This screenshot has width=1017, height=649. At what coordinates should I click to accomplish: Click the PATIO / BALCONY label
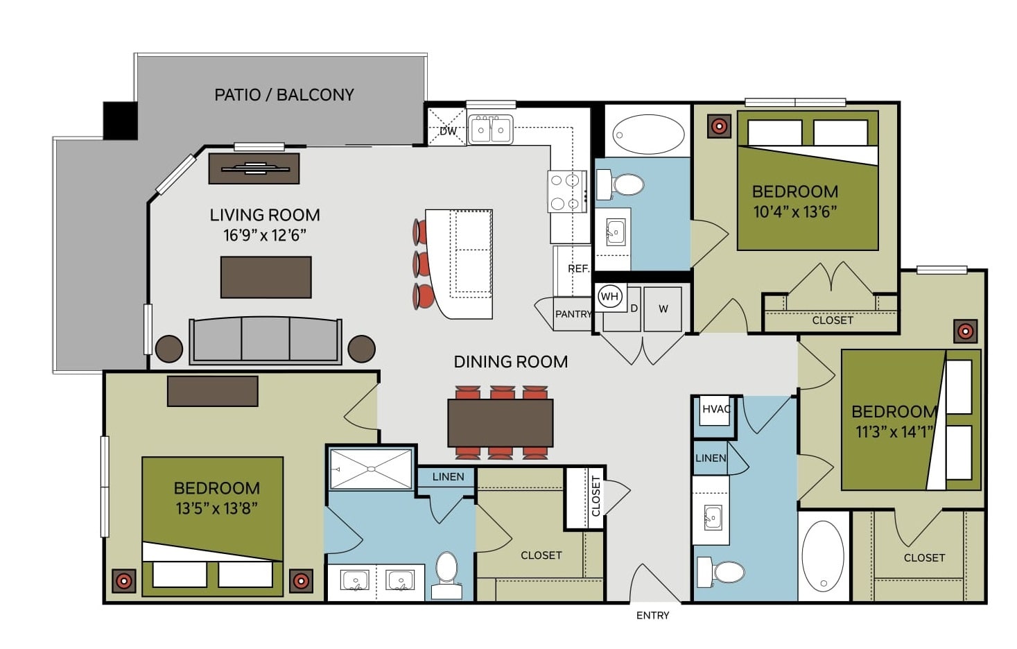[x=284, y=95]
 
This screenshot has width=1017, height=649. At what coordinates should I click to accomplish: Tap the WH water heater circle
[x=609, y=297]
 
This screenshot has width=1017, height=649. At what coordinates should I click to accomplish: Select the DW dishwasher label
[x=448, y=131]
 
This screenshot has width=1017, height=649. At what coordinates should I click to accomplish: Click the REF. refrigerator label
[x=578, y=268]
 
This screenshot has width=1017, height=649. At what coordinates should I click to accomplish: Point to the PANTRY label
[x=573, y=314]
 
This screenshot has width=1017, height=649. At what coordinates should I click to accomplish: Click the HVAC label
[x=716, y=409]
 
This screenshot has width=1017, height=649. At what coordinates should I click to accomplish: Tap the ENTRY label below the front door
[x=652, y=616]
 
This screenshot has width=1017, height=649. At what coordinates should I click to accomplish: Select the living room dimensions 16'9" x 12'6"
[x=265, y=235]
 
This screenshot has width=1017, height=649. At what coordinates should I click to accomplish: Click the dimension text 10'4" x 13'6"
[x=795, y=212]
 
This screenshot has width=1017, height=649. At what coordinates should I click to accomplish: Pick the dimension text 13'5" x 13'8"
[x=216, y=508]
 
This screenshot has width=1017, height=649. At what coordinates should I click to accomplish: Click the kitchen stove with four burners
[x=567, y=191]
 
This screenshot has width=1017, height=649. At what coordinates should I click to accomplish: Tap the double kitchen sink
[x=490, y=130]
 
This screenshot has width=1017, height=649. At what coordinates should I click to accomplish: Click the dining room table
[x=501, y=423]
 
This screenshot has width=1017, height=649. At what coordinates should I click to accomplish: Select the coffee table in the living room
[x=266, y=277]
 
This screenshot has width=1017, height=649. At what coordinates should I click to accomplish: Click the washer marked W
[x=663, y=309]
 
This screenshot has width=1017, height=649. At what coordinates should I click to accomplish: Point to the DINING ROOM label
[x=511, y=362]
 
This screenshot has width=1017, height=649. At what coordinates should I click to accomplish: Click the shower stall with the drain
[x=371, y=469]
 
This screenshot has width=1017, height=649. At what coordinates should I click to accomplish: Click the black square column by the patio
[x=121, y=121]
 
